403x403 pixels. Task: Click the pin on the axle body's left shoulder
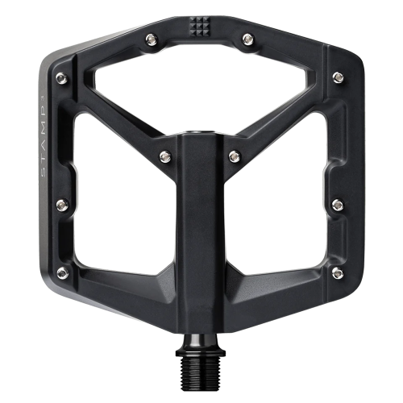click(x=164, y=155)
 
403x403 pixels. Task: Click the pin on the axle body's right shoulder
click(x=234, y=155)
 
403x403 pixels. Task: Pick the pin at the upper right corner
click(x=337, y=78)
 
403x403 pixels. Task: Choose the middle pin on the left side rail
click(x=60, y=206)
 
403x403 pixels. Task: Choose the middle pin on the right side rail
click(x=338, y=206)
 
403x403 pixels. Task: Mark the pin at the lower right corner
click(x=337, y=274)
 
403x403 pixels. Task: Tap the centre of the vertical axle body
click(x=200, y=234)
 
